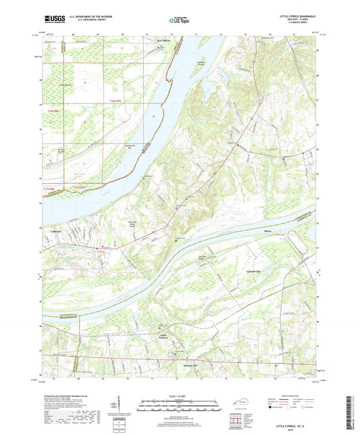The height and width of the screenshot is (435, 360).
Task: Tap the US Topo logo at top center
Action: (178, 21)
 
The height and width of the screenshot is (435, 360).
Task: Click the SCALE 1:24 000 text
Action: (179, 396)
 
